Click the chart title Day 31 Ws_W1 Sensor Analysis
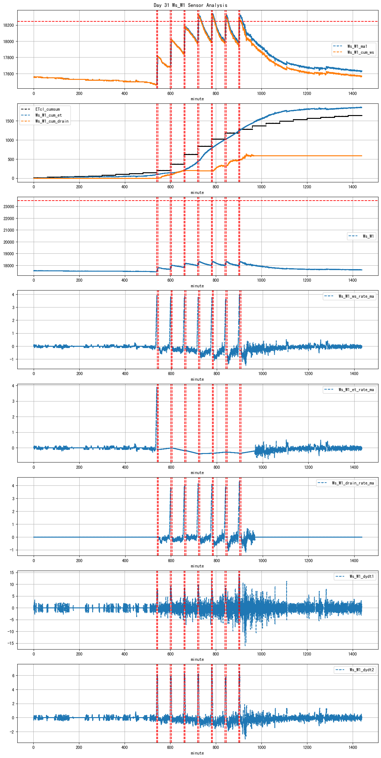[190, 5]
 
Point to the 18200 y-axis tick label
[8, 25]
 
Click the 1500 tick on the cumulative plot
[9, 121]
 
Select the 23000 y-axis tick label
[8, 207]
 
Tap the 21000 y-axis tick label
[8, 230]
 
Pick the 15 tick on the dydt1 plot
[12, 573]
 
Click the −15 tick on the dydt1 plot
[10, 643]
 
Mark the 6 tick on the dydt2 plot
[13, 676]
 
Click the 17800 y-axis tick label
[8, 58]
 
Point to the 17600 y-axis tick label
[8, 74]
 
